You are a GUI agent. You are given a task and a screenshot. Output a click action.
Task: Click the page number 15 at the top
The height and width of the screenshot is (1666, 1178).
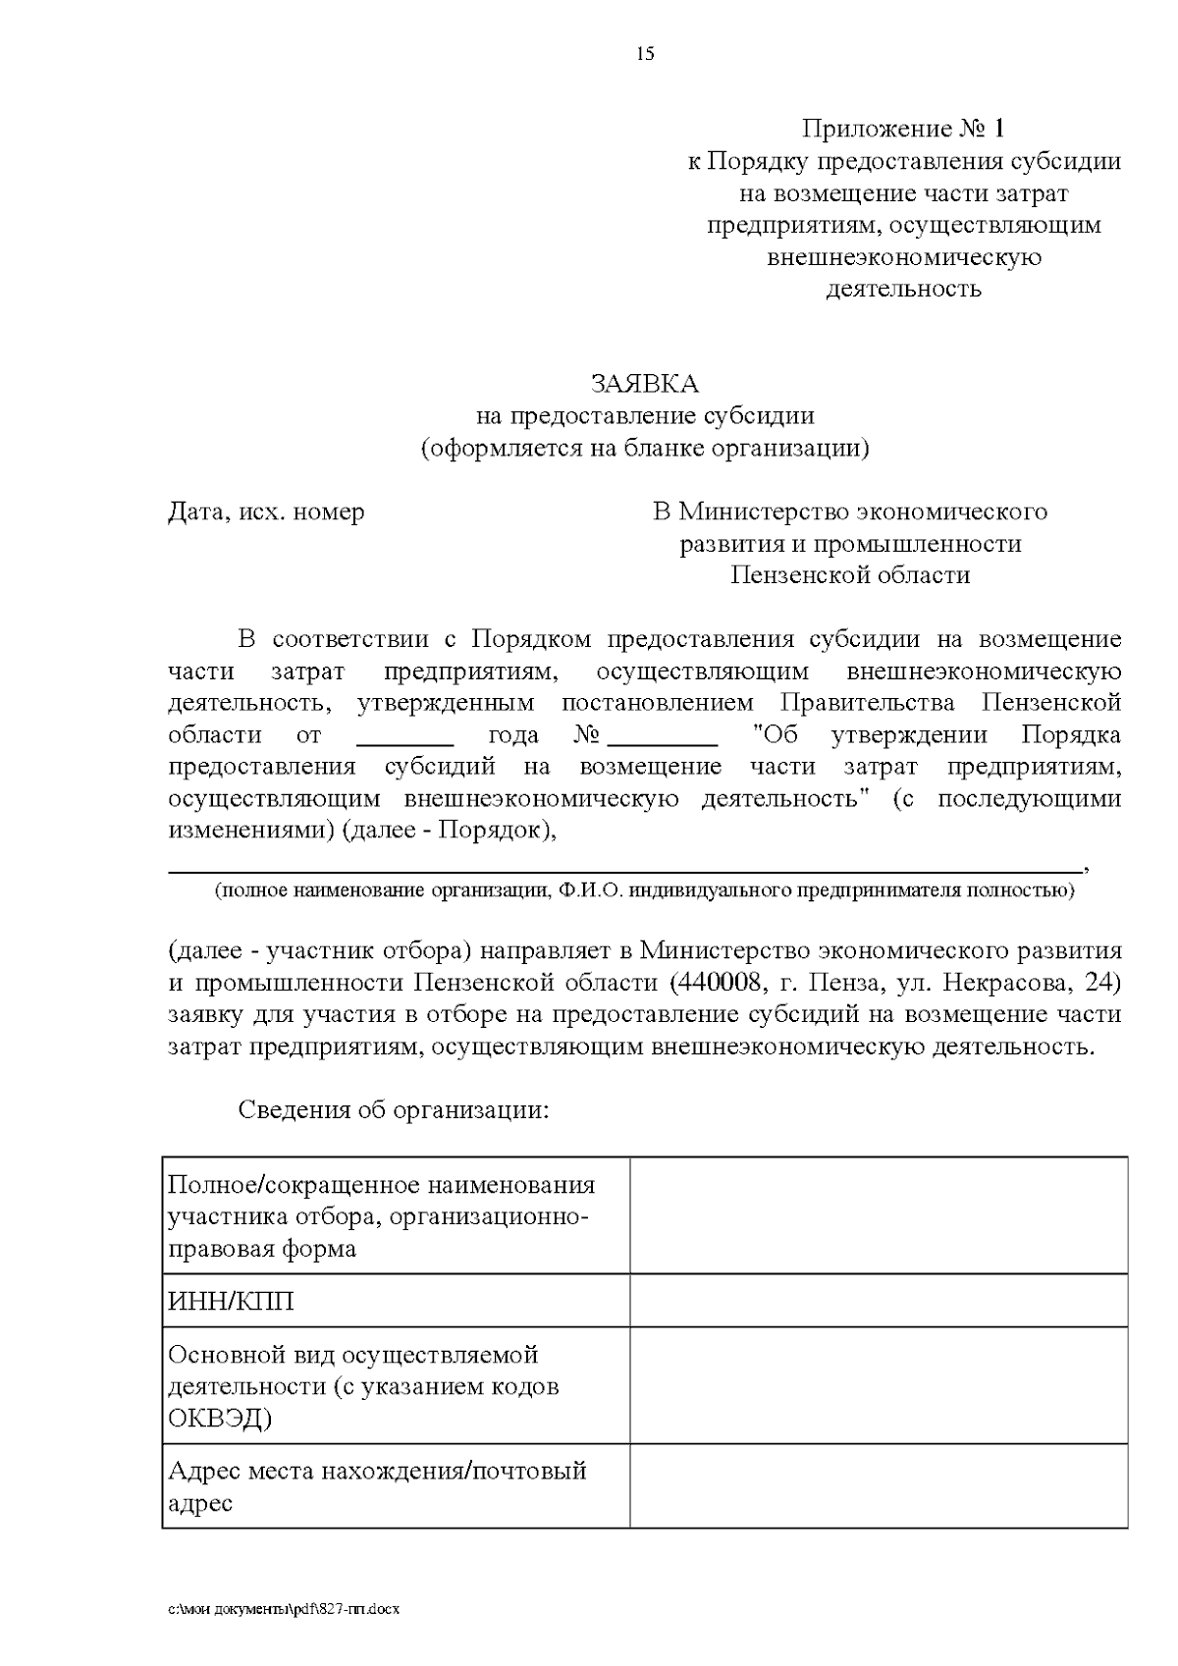645,54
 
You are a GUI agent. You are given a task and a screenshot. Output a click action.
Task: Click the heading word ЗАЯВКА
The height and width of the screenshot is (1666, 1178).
644,383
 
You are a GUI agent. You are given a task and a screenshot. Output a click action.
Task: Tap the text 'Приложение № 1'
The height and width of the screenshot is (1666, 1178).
903,129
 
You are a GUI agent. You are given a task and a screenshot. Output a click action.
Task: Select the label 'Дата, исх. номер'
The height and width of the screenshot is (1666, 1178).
266,511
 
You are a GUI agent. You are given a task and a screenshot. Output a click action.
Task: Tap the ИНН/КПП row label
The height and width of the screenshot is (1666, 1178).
232,1302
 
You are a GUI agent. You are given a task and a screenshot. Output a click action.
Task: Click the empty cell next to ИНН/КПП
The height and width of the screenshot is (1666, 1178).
878,1302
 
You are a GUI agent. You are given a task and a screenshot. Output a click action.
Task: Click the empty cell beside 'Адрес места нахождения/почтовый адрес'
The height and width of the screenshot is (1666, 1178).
878,1485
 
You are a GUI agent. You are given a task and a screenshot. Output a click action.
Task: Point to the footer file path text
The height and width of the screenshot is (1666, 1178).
285,1609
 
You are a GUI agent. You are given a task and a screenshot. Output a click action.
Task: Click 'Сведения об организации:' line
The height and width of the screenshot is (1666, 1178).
393,1110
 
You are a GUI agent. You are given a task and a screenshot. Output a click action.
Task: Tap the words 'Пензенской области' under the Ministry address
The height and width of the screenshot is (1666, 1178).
850,575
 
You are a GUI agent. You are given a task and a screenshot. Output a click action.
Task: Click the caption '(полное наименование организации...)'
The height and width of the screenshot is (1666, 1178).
644,890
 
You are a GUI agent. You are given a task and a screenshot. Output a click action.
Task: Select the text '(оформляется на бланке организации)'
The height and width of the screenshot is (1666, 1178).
644,448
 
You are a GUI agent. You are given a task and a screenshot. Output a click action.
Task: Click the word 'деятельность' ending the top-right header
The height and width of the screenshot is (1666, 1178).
903,289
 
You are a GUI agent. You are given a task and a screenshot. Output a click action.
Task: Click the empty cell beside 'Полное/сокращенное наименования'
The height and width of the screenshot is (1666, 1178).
878,1215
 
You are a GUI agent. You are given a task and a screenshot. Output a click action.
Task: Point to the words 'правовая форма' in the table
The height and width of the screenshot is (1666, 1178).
262,1249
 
